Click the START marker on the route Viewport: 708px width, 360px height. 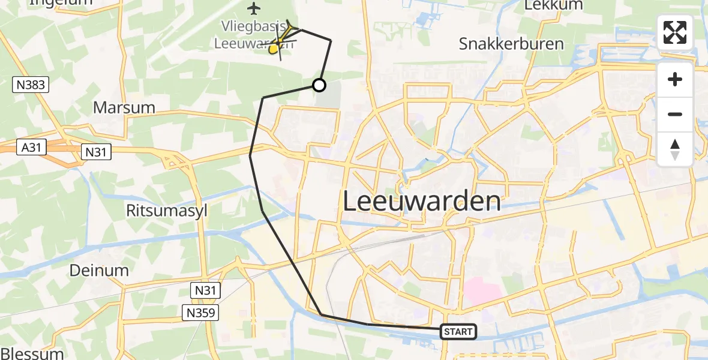pyautogui.click(x=458, y=331)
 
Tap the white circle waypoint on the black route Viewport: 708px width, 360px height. pyautogui.click(x=319, y=85)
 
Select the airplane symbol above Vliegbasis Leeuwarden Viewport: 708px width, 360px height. pyautogui.click(x=254, y=8)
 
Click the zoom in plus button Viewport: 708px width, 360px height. pyautogui.click(x=675, y=80)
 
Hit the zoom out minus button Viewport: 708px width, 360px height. pyautogui.click(x=675, y=114)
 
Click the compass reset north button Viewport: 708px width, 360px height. pyautogui.click(x=675, y=149)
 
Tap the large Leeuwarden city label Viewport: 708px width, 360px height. pyautogui.click(x=422, y=201)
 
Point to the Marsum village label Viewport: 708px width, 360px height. pyautogui.click(x=124, y=108)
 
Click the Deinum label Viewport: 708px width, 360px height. pyautogui.click(x=99, y=270)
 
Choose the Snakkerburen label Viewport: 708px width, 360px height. pyautogui.click(x=511, y=44)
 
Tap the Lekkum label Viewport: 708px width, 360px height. pyautogui.click(x=545, y=6)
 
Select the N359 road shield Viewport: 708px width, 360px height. pyautogui.click(x=201, y=312)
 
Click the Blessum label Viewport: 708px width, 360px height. pyautogui.click(x=32, y=353)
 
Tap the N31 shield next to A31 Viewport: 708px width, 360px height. pyautogui.click(x=95, y=152)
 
